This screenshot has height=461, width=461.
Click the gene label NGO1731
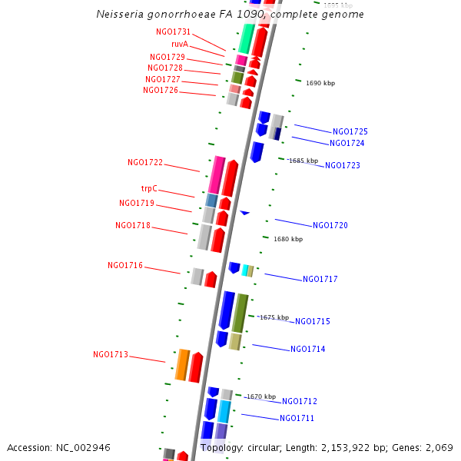click(174, 32)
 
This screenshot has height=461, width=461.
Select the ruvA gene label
click(180, 45)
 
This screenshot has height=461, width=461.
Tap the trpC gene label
click(149, 188)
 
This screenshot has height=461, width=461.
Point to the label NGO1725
click(350, 131)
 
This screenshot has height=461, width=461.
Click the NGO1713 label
click(111, 355)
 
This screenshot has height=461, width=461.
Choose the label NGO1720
click(330, 226)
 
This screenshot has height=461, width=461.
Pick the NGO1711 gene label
click(297, 418)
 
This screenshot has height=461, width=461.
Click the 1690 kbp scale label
click(320, 83)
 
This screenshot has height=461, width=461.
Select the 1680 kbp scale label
click(288, 239)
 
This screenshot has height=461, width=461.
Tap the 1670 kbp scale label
click(260, 396)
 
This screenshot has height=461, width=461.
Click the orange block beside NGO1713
click(182, 365)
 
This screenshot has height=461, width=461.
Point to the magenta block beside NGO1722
click(217, 174)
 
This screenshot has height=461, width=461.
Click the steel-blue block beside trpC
click(211, 200)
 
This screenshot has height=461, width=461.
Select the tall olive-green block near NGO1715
click(240, 312)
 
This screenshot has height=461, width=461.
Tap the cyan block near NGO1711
click(224, 411)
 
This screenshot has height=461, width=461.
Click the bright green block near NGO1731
click(247, 38)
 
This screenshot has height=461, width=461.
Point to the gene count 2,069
click(439, 447)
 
